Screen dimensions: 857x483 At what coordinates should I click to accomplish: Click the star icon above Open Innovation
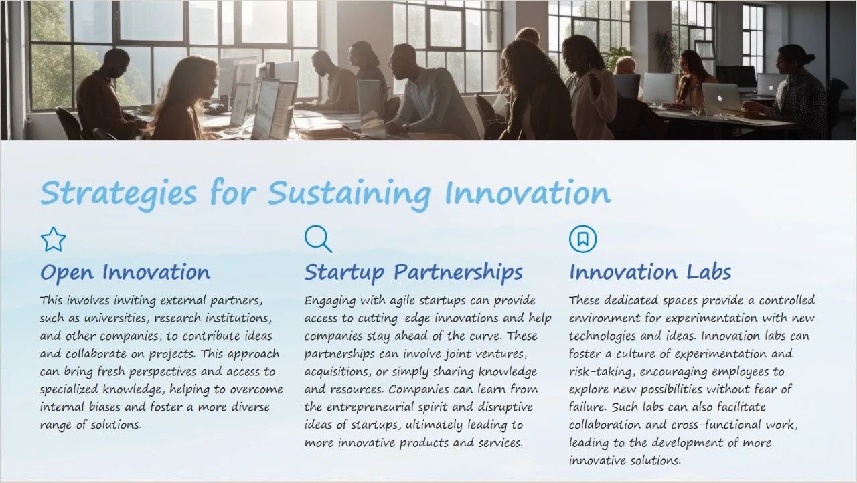[53, 239]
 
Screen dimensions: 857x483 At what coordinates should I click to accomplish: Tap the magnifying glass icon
[318, 239]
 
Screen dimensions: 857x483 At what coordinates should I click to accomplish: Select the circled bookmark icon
[582, 239]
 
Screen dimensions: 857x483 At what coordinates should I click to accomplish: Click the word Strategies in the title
[119, 193]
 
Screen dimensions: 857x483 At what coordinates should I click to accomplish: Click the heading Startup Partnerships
[414, 272]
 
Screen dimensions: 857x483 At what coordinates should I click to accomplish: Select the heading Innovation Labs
[650, 272]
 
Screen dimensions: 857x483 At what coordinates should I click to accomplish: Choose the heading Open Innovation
[125, 273]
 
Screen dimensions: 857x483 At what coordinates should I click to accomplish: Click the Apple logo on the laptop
[719, 98]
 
